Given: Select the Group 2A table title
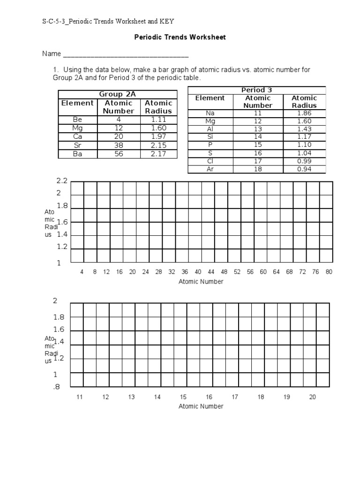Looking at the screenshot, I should click(x=117, y=94).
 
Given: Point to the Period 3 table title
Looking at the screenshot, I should click(x=256, y=90).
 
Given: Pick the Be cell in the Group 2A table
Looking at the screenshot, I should click(x=77, y=120).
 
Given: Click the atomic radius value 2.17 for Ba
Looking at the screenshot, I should click(x=158, y=153).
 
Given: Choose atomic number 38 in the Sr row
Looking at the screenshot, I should click(x=119, y=145).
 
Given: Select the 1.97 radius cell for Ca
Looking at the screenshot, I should click(x=158, y=136).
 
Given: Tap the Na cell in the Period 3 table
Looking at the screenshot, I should click(x=210, y=113).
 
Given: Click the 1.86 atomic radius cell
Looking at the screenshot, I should click(x=304, y=113).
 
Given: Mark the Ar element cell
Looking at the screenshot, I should click(x=210, y=169).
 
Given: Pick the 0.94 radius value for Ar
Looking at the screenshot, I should click(x=304, y=169).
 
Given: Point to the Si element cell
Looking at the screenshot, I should click(x=210, y=137).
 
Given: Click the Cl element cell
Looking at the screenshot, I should click(x=210, y=161).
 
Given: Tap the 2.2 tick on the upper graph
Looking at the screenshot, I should click(x=62, y=181).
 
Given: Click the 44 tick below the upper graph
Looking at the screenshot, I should click(x=211, y=272).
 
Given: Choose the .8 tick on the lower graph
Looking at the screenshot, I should click(x=56, y=387).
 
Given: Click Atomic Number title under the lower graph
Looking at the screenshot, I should click(x=201, y=406).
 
